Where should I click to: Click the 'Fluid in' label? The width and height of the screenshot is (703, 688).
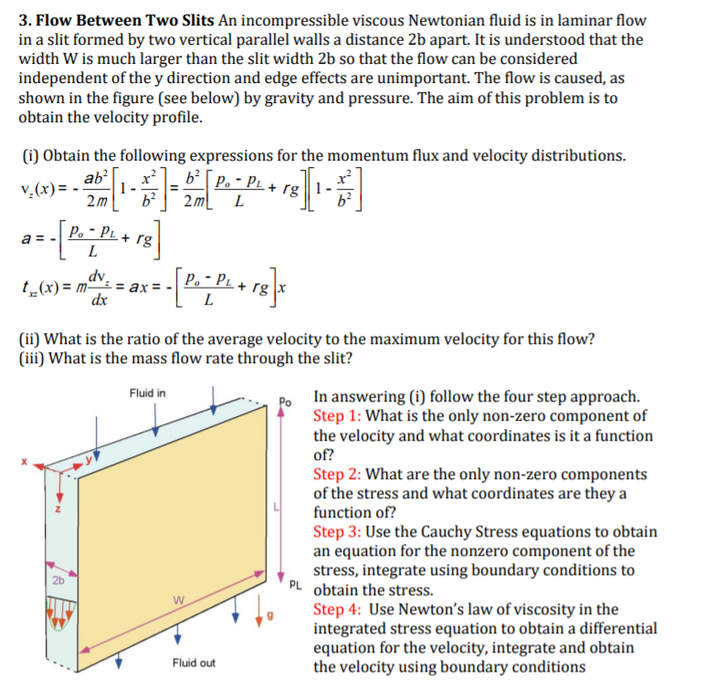[x=148, y=393]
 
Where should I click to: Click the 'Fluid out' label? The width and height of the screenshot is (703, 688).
[x=194, y=662]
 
